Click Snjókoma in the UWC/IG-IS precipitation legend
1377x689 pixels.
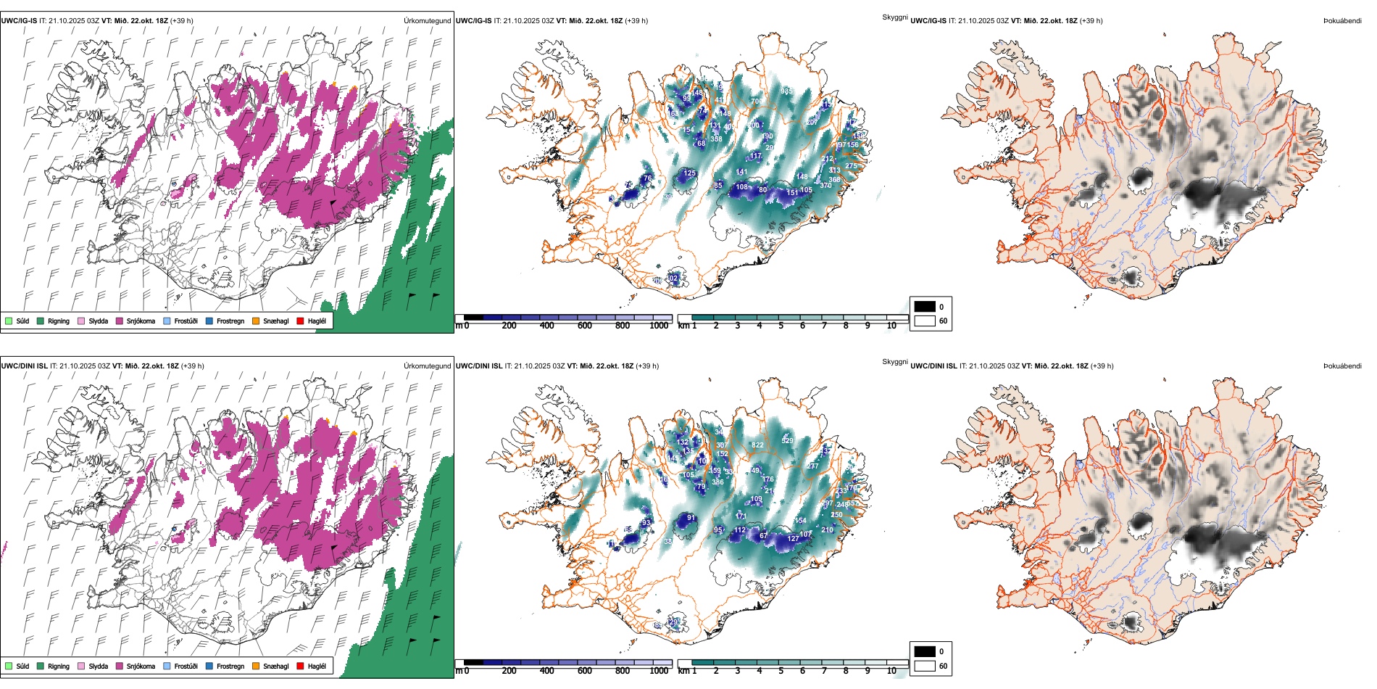[x=141, y=321]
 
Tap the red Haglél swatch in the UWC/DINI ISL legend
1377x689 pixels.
[x=300, y=667]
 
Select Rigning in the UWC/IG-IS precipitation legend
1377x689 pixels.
[x=58, y=321]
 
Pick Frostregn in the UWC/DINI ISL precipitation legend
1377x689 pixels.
[x=230, y=667]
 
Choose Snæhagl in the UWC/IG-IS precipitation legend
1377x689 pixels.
[x=275, y=321]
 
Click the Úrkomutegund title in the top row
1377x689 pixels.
[x=427, y=21]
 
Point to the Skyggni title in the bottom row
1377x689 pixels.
[x=894, y=362]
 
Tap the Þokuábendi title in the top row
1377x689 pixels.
[x=1342, y=21]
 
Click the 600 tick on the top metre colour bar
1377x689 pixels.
[x=585, y=326]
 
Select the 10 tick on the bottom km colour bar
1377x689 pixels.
[x=891, y=671]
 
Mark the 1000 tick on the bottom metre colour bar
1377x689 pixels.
[x=659, y=671]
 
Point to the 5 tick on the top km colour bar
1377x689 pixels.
[x=781, y=326]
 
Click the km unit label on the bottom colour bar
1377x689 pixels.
[x=683, y=671]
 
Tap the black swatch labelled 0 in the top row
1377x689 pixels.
[x=925, y=307]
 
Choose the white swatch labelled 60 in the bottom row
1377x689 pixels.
[x=925, y=666]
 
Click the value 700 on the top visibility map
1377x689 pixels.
[x=756, y=102]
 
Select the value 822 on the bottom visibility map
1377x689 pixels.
[x=757, y=445]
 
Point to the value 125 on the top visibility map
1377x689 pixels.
[x=689, y=173]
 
